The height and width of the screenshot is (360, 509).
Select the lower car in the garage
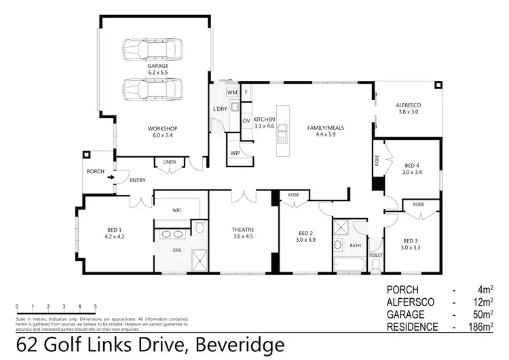click(x=153, y=88)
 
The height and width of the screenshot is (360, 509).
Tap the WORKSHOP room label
click(x=162, y=128)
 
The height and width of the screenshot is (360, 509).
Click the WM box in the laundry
click(x=231, y=92)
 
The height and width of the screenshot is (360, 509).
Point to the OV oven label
click(x=246, y=121)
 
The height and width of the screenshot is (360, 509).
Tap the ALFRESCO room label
click(x=409, y=106)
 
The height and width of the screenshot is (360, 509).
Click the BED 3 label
click(x=411, y=240)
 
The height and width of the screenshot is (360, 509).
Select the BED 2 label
click(x=303, y=232)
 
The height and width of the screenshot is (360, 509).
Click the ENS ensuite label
click(x=178, y=250)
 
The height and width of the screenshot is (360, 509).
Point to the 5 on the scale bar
click(x=95, y=306)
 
